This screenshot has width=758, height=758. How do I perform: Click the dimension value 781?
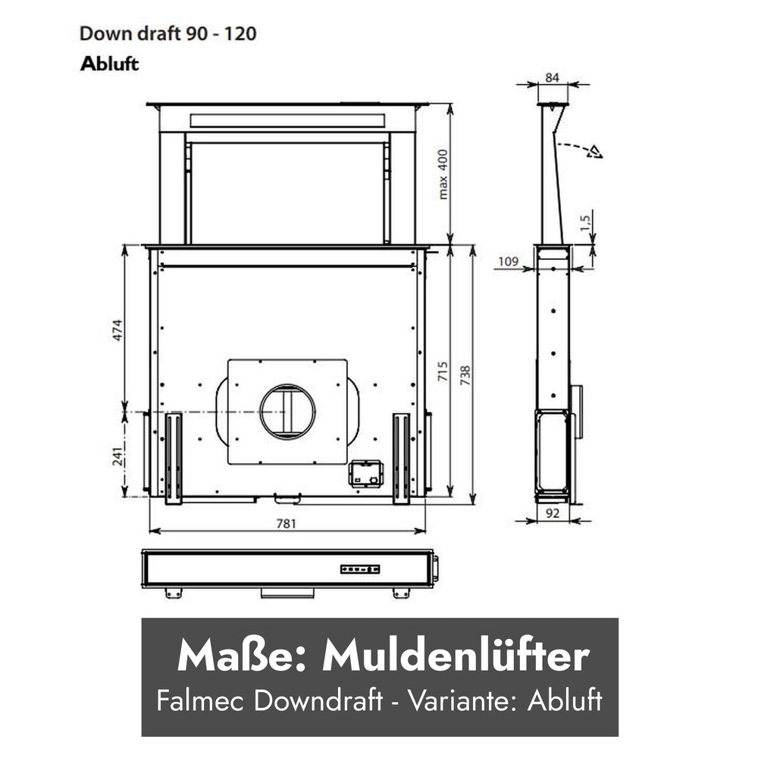[x=286, y=524]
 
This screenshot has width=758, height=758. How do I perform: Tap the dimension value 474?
[x=117, y=330]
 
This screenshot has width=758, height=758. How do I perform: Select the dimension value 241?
[x=118, y=456]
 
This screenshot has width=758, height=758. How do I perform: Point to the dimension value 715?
[x=443, y=371]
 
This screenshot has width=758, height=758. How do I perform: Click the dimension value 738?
[x=465, y=375]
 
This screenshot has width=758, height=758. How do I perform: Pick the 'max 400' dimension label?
[x=443, y=174]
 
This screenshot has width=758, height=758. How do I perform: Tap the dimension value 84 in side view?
[x=552, y=77]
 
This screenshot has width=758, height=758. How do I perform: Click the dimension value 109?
[x=508, y=262]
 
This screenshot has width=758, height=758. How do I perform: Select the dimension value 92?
[x=552, y=513]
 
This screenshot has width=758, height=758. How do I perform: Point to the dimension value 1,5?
[x=585, y=222]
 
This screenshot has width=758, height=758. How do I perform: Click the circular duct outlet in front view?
[x=287, y=412]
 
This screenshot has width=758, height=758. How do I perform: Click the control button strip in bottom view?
[x=359, y=569]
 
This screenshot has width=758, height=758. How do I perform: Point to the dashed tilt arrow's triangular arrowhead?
[x=594, y=152]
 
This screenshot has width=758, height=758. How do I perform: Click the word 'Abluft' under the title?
[x=110, y=64]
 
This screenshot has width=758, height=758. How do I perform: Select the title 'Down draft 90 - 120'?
[x=168, y=33]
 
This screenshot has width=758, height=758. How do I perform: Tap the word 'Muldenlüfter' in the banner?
[x=456, y=656]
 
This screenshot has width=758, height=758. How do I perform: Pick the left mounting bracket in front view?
[x=174, y=459]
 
